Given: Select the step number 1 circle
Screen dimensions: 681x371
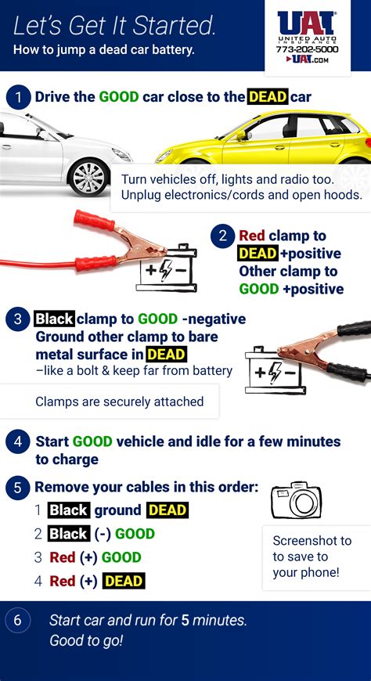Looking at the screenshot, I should click(17, 97).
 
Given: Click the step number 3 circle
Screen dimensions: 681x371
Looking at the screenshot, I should click(17, 319).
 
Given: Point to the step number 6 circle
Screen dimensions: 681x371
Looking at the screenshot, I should click(17, 621).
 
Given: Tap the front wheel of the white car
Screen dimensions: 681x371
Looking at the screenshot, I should click(88, 175).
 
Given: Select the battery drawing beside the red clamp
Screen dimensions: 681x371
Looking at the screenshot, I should click(166, 269).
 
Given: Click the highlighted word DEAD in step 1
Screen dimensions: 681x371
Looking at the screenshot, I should click(268, 97).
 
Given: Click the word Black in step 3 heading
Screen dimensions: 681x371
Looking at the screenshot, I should click(54, 319).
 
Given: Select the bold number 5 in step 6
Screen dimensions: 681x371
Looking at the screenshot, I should click(185, 621).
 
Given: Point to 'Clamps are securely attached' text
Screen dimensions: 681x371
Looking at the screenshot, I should click(119, 402).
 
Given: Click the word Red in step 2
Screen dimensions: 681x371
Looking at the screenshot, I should click(251, 236).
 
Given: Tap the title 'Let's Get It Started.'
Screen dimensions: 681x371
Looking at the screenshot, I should click(114, 26).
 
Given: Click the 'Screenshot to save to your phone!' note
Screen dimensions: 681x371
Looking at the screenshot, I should click(312, 557).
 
